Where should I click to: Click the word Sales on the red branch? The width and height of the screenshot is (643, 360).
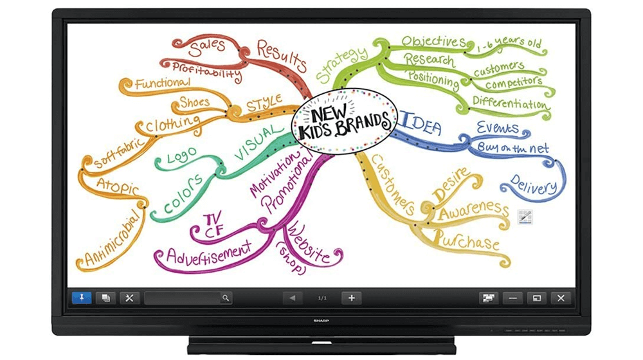click(208, 46)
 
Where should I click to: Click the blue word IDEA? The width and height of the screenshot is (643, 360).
click(422, 123)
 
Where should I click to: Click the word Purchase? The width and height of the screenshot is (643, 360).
click(467, 241)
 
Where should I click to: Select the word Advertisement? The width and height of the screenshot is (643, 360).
click(208, 251)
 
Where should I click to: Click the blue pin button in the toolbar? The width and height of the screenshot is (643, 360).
click(82, 298)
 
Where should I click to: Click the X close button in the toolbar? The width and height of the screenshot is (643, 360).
click(561, 298)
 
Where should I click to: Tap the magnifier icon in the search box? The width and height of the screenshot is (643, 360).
click(225, 298)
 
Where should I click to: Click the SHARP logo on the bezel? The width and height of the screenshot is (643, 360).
click(321, 318)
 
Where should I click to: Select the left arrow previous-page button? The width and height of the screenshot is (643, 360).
click(293, 298)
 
